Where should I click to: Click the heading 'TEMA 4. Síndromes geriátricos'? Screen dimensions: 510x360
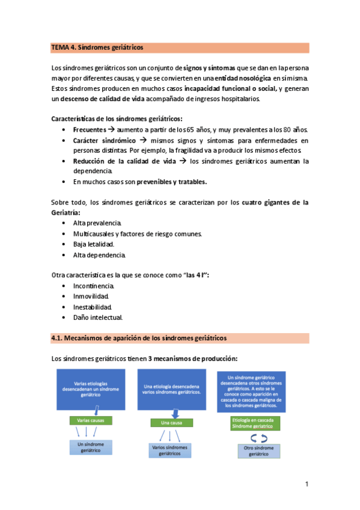click(x=97, y=48)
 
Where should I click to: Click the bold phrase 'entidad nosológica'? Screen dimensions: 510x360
click(x=242, y=79)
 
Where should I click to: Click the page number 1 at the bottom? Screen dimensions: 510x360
click(x=307, y=484)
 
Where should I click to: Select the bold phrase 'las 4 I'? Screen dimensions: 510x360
click(x=194, y=275)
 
